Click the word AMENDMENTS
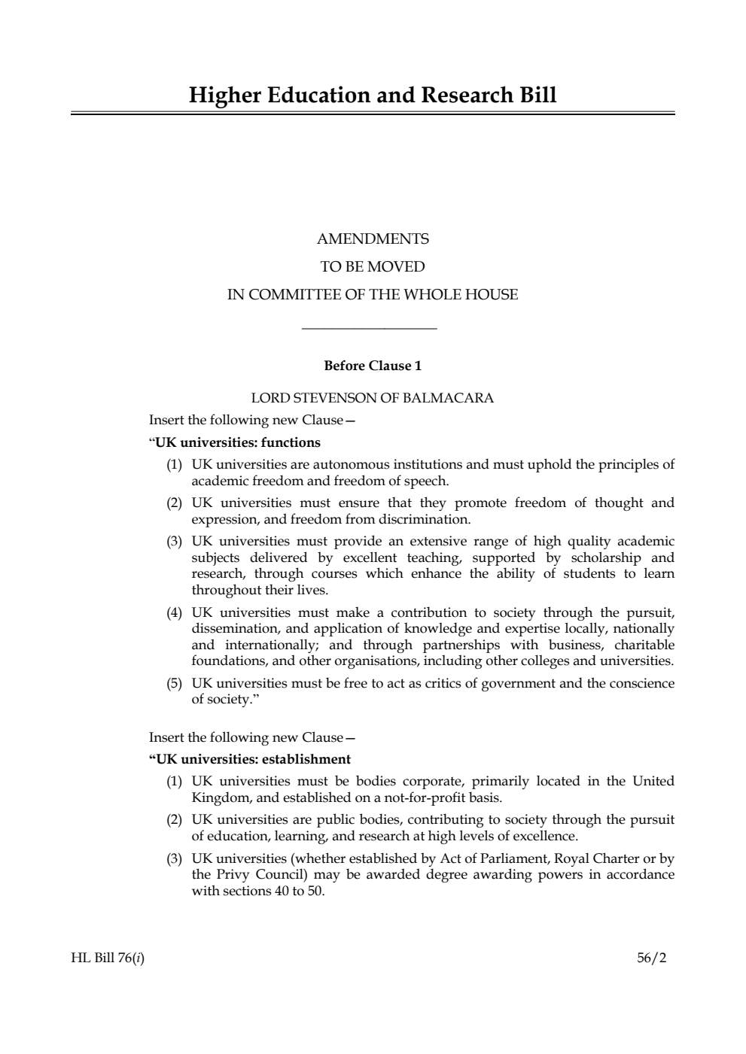373,239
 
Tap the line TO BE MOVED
373,267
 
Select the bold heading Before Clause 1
373,366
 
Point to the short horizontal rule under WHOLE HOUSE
369,328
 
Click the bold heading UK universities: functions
237,442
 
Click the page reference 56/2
652,958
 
